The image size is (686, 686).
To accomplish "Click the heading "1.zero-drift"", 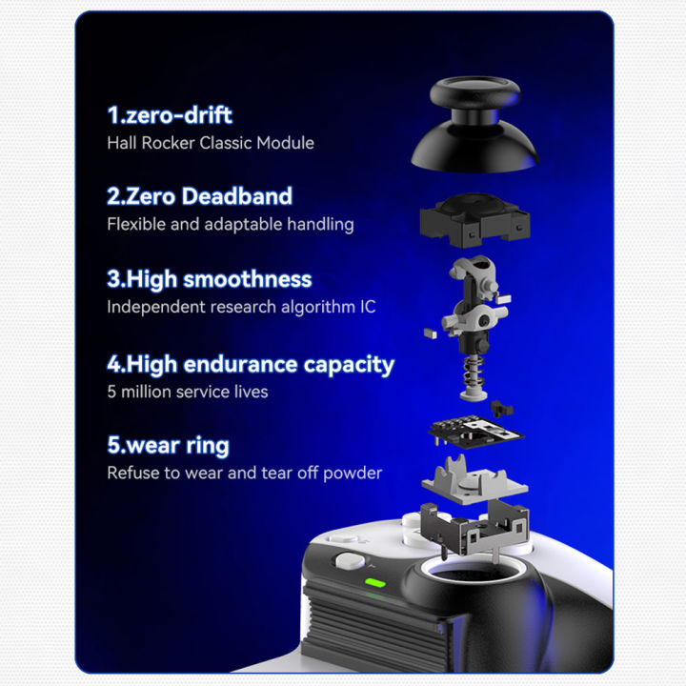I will click(170, 115).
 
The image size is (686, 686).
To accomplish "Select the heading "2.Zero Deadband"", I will click(199, 197).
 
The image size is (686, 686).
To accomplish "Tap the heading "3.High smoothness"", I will click(209, 280).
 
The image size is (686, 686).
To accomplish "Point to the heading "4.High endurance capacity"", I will click(250, 364).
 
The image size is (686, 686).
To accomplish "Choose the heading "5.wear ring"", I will click(168, 446).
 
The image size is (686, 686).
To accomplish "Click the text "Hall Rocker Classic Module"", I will click(210, 143).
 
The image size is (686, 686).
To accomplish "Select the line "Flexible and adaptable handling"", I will click(230, 225).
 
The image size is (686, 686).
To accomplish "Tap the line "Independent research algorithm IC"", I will click(241, 308).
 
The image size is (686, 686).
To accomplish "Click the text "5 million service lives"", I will click(187, 392).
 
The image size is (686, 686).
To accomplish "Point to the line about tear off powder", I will click(244, 474).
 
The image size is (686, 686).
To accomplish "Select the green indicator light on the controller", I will click(374, 583).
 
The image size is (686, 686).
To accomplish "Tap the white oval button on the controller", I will click(346, 564).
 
